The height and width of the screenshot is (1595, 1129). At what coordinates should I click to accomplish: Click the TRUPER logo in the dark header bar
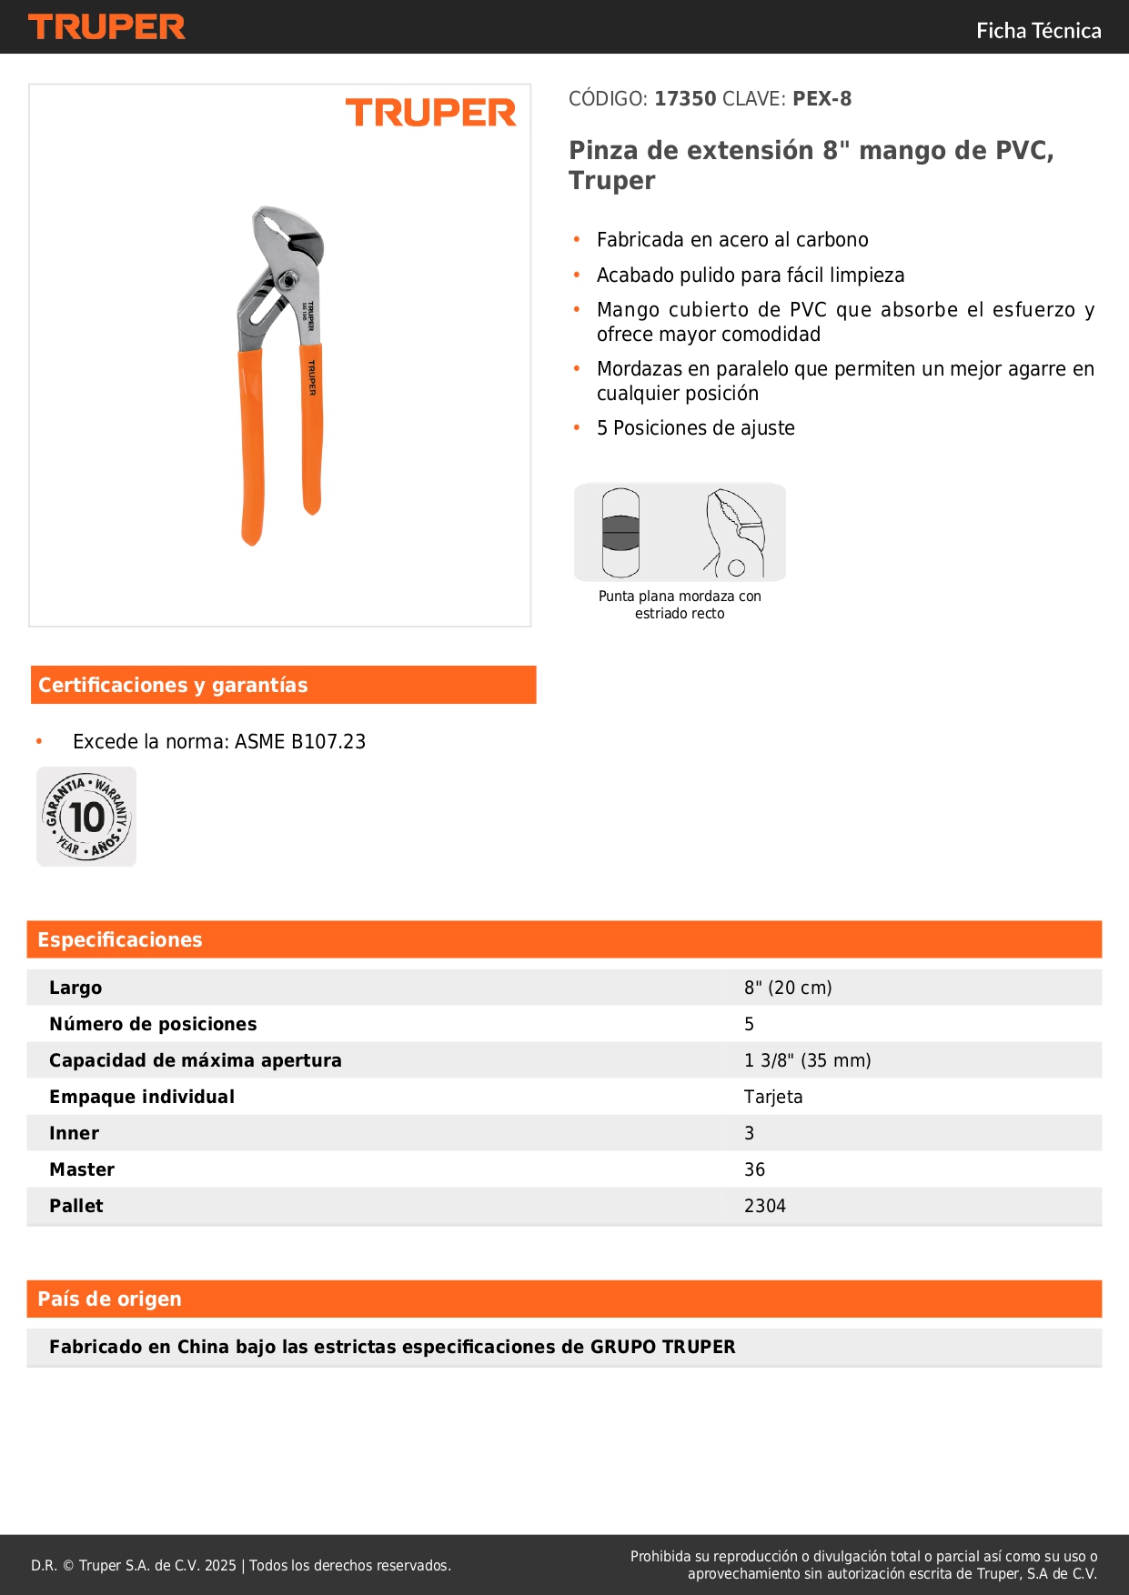[x=106, y=27]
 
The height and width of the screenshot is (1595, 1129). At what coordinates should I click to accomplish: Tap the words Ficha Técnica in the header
[x=1038, y=31]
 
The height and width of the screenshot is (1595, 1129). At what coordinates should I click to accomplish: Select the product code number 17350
[x=685, y=99]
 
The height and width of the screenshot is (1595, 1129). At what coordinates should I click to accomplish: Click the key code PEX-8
[x=822, y=99]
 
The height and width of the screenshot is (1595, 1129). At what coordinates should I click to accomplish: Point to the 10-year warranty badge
[x=86, y=817]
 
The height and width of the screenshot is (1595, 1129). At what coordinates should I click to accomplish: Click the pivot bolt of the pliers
[x=287, y=280]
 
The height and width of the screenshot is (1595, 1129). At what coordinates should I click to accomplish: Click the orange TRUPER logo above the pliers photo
[x=430, y=113]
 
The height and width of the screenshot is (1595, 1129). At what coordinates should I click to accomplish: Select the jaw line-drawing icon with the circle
[x=735, y=533]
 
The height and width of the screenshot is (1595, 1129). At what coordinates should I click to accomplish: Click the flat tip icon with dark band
[x=620, y=533]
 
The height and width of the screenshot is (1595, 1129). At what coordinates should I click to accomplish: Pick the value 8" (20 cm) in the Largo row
[x=788, y=988]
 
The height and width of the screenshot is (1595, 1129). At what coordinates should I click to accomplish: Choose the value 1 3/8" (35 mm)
[x=807, y=1060]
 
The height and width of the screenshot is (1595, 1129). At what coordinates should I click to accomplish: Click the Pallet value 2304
[x=764, y=1206]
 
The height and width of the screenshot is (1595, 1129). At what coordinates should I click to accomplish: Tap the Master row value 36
[x=754, y=1169]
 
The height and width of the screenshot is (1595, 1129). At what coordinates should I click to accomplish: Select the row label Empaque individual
[x=142, y=1097]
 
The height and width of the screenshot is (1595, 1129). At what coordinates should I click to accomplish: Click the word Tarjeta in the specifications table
[x=773, y=1097]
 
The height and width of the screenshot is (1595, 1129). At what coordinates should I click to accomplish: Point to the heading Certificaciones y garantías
[x=173, y=685]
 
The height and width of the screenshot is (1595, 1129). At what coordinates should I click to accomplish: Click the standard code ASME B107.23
[x=300, y=742]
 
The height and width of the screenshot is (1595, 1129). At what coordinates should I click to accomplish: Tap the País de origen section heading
[x=109, y=1299]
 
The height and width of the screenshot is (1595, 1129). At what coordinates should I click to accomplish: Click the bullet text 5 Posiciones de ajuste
[x=695, y=428]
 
